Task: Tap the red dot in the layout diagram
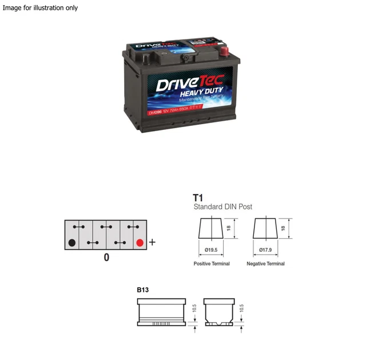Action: [139, 243]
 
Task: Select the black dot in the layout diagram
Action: [72, 243]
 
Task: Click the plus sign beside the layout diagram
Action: [152, 243]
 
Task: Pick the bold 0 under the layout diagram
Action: [106, 258]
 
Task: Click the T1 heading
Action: [198, 197]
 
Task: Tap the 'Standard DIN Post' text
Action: [222, 207]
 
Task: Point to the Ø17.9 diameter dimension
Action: [265, 250]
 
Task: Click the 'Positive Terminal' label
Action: [212, 264]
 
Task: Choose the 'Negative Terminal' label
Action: [265, 264]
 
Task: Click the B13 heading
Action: [143, 290]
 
